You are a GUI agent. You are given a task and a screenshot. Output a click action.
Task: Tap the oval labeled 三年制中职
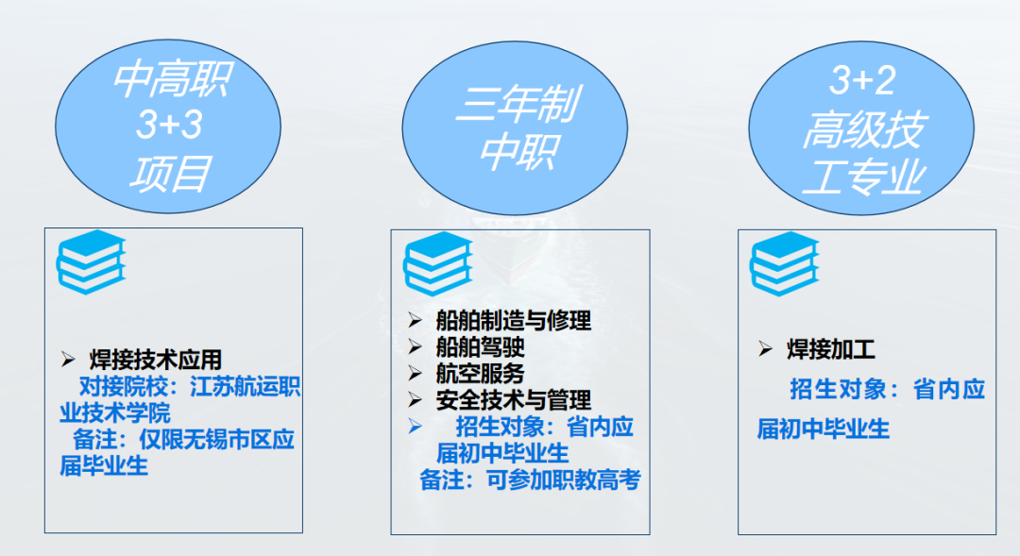click(515, 126)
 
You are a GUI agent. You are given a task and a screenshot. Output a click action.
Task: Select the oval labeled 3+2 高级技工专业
click(861, 126)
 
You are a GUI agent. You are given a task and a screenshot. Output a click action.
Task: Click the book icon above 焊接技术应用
click(91, 261)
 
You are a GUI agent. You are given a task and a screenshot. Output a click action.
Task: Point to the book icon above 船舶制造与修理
click(437, 262)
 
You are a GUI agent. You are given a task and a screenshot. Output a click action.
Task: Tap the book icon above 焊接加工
click(784, 262)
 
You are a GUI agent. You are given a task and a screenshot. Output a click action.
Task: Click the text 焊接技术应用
click(156, 360)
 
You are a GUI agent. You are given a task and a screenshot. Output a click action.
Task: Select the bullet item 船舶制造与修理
click(514, 321)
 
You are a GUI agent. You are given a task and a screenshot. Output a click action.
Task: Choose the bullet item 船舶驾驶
click(480, 347)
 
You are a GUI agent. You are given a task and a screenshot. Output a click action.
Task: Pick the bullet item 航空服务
click(480, 374)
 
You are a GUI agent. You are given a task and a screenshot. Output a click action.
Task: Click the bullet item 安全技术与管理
click(514, 400)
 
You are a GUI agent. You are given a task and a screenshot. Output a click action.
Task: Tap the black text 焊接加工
click(831, 350)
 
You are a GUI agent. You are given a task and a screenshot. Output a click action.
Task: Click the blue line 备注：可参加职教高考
click(531, 480)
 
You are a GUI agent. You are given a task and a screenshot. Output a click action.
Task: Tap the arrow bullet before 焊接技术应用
click(68, 360)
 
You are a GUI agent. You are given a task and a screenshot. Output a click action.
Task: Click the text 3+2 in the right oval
click(861, 81)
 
